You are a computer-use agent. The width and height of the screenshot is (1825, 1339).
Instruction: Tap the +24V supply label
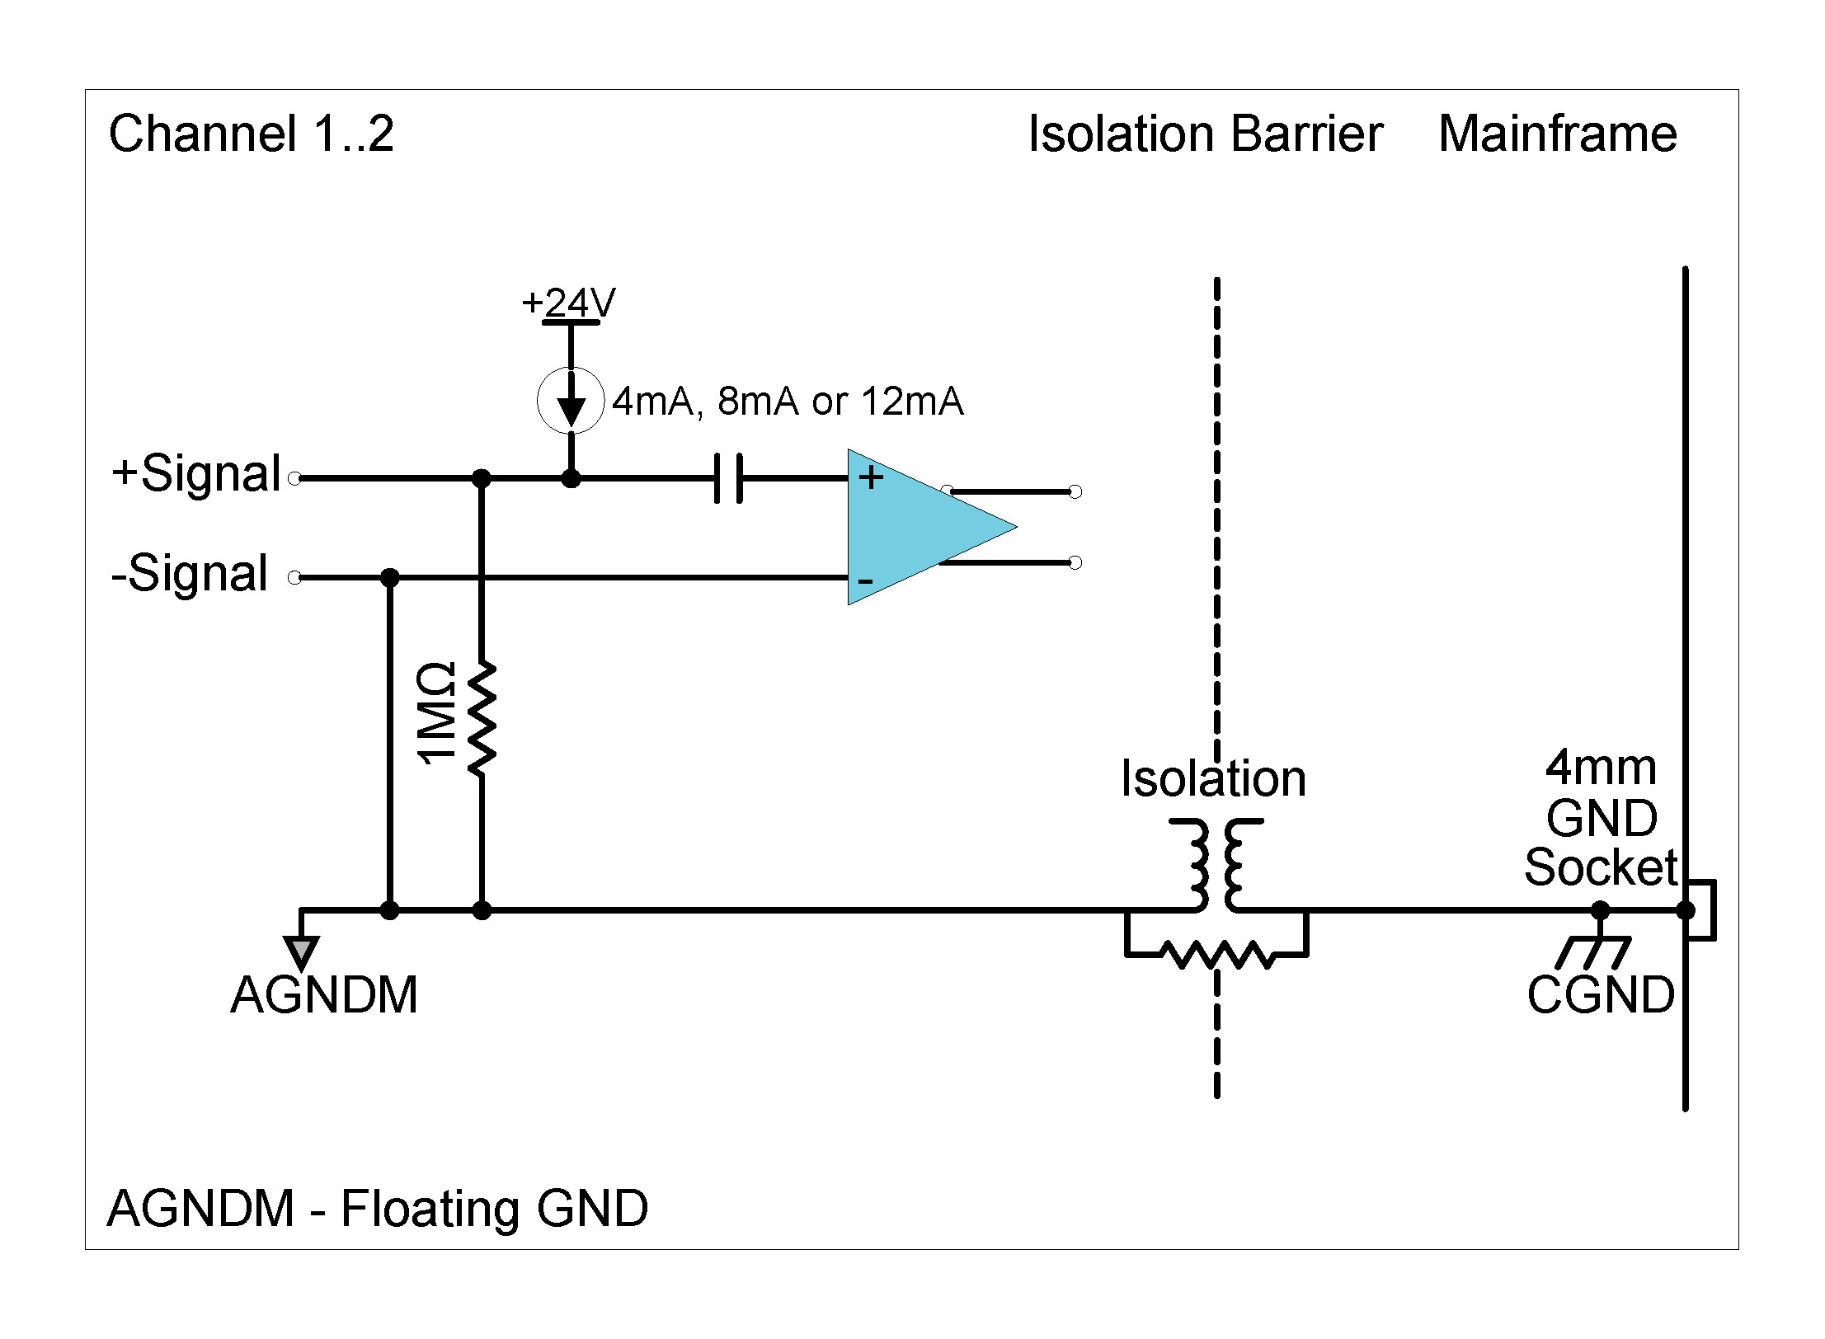[568, 303]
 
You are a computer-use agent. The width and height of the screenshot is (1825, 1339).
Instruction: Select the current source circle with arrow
[570, 401]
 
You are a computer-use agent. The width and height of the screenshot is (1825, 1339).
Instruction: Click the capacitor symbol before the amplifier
[727, 477]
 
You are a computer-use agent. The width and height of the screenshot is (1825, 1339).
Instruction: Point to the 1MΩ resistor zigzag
[482, 718]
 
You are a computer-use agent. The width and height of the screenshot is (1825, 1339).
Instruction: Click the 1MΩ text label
[436, 714]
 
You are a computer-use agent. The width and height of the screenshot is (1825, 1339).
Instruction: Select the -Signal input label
[190, 573]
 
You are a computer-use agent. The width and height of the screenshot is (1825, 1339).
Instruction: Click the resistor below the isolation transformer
[1216, 955]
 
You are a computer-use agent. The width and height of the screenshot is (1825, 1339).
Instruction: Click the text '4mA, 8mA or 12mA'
[788, 402]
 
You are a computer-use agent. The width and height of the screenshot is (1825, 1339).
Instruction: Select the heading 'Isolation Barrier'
[1205, 134]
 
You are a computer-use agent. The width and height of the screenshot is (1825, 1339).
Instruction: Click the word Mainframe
[1557, 134]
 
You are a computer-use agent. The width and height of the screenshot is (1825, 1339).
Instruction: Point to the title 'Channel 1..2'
[252, 134]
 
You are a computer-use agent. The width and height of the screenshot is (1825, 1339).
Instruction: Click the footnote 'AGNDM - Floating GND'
[378, 1209]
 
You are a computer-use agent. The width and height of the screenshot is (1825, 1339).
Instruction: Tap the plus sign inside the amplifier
[871, 477]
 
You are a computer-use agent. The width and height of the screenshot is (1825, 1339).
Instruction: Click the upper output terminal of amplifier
[1075, 491]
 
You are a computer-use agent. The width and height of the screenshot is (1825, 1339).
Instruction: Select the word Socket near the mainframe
[1600, 867]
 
